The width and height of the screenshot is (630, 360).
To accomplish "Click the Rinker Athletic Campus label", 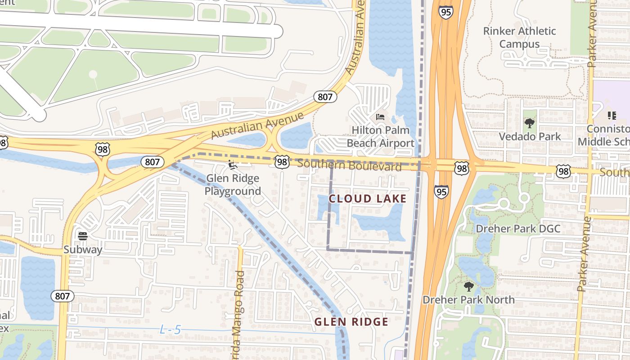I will click(x=519, y=37).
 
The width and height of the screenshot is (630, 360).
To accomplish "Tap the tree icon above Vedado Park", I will click(x=530, y=123).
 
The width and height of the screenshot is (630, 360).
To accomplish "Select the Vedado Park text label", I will click(x=530, y=136).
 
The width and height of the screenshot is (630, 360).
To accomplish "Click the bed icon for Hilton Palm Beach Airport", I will click(x=380, y=117).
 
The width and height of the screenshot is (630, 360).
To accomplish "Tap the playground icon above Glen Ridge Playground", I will click(x=233, y=165).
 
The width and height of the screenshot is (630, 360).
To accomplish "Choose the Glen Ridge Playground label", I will click(x=233, y=184).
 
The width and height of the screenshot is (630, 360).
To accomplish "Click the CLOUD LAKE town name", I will click(x=367, y=198).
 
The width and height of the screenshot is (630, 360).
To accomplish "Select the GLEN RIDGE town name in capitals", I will click(x=351, y=322).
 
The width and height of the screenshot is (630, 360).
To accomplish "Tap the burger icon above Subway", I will click(x=82, y=236).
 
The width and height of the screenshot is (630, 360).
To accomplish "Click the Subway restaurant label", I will click(x=82, y=249).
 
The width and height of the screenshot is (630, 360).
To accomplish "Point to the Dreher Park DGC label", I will click(x=518, y=229).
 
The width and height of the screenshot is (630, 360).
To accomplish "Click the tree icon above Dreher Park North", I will click(x=468, y=286).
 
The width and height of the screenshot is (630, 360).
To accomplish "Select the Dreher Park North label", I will click(x=468, y=300).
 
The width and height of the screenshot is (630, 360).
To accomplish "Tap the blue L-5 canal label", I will click(x=170, y=330).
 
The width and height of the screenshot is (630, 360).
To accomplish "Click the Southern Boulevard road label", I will click(x=349, y=165).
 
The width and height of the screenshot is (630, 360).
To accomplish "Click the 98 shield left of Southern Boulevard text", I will click(x=282, y=162).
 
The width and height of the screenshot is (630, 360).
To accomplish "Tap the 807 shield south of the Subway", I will click(x=62, y=296).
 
